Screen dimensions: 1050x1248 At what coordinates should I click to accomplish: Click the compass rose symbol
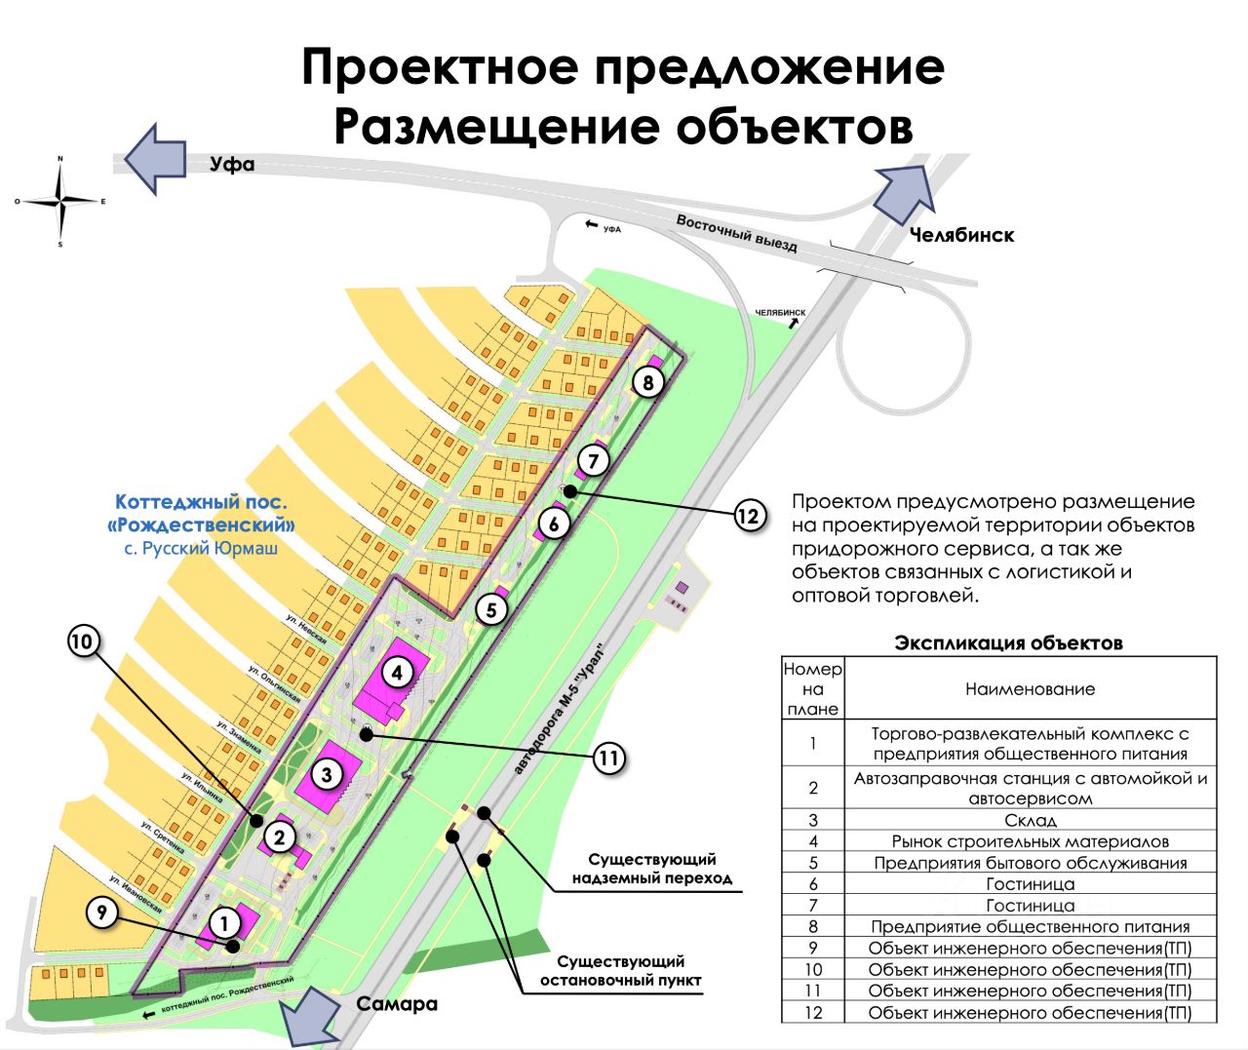(60, 202)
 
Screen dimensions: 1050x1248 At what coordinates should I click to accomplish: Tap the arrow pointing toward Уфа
(156, 158)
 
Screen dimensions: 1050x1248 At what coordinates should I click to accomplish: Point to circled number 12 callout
(748, 515)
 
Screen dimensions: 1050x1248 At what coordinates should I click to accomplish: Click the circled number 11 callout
(608, 758)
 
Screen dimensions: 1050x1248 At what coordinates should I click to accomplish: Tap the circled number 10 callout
(83, 641)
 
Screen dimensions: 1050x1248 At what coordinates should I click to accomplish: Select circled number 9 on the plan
(101, 913)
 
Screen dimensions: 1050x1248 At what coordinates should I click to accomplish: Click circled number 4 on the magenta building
(396, 672)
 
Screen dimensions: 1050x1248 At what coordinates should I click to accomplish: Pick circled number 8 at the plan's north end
(648, 381)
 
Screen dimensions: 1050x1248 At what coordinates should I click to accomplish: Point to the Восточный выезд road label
(737, 234)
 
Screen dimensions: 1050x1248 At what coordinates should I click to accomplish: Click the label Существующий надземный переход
(652, 868)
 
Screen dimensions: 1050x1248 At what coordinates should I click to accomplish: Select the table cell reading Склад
(1030, 821)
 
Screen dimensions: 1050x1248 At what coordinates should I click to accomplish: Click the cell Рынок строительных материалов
(1030, 841)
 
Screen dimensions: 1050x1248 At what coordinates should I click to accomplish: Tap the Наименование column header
(1030, 689)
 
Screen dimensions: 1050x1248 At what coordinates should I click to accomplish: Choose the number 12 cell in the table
(813, 1013)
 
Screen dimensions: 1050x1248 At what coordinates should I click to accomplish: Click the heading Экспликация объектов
(1008, 643)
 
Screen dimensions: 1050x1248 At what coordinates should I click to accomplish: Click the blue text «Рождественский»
(202, 525)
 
